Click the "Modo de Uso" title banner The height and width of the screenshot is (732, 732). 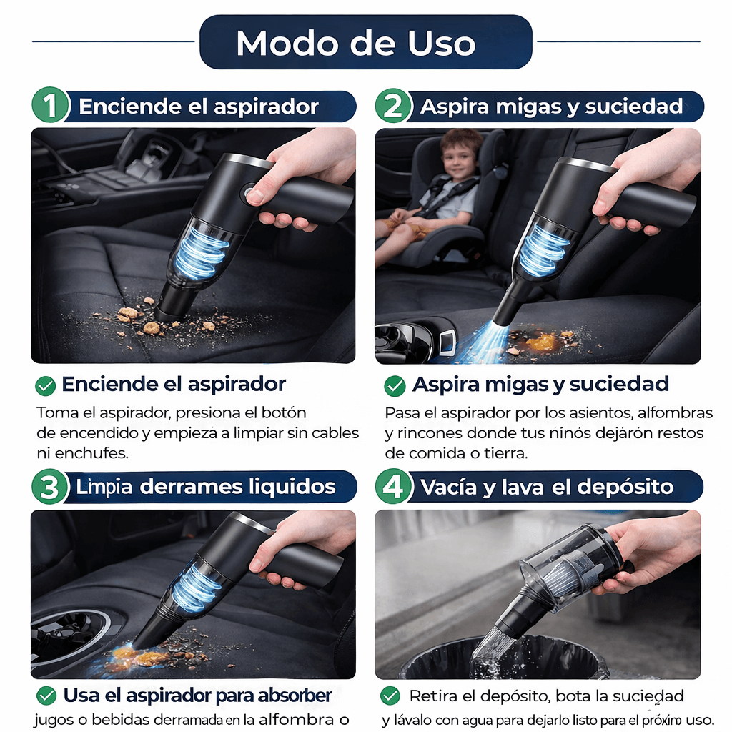[x=365, y=43]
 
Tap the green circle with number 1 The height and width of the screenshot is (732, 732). [x=50, y=107]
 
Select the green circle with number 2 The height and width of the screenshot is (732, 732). [x=394, y=107]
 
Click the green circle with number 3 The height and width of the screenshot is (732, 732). [x=50, y=488]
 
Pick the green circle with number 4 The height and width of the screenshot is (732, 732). [x=394, y=488]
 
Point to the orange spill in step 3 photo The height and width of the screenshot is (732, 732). [x=132, y=654]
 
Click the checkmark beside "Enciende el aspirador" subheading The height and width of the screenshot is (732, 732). [x=46, y=386]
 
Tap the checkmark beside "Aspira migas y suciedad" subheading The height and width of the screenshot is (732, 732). [x=395, y=386]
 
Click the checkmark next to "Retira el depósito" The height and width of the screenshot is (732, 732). [x=390, y=696]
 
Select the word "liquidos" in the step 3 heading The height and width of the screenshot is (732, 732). [x=294, y=488]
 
